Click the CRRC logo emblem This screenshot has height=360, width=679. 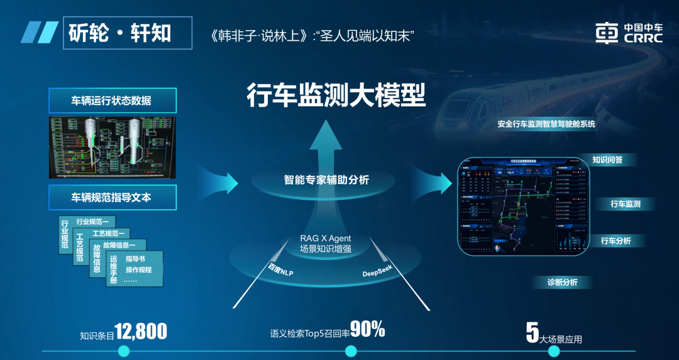[607, 33]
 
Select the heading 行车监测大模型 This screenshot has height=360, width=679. [336, 95]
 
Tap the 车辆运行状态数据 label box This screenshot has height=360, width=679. [112, 101]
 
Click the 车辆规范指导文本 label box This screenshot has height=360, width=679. [112, 197]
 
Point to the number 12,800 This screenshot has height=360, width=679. [141, 331]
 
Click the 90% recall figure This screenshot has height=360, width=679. [367, 329]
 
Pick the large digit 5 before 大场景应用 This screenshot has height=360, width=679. [532, 332]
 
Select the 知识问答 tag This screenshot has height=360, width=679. [607, 160]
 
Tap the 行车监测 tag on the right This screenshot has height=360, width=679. [625, 204]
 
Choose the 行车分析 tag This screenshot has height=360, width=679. [616, 241]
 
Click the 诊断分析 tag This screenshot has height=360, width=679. [562, 282]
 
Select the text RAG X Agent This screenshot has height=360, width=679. [325, 238]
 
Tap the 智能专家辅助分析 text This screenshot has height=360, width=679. [326, 180]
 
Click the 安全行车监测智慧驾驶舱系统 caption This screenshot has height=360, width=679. [546, 124]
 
